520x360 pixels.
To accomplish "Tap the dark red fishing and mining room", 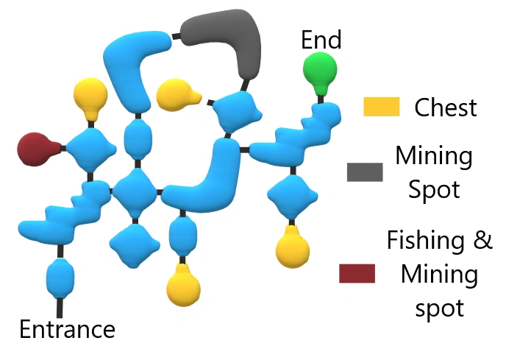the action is [35, 149].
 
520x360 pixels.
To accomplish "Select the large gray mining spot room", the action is [223, 40].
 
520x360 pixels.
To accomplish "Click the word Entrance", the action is [67, 329].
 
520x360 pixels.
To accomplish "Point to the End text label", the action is [321, 40].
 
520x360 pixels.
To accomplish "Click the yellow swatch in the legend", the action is [381, 107].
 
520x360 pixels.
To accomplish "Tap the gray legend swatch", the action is [365, 172].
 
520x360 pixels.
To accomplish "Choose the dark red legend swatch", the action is [357, 274].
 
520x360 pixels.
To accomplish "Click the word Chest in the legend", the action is [446, 107].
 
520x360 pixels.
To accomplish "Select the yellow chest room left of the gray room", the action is [177, 94].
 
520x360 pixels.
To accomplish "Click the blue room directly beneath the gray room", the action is [236, 110].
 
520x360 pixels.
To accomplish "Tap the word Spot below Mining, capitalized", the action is [435, 189].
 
